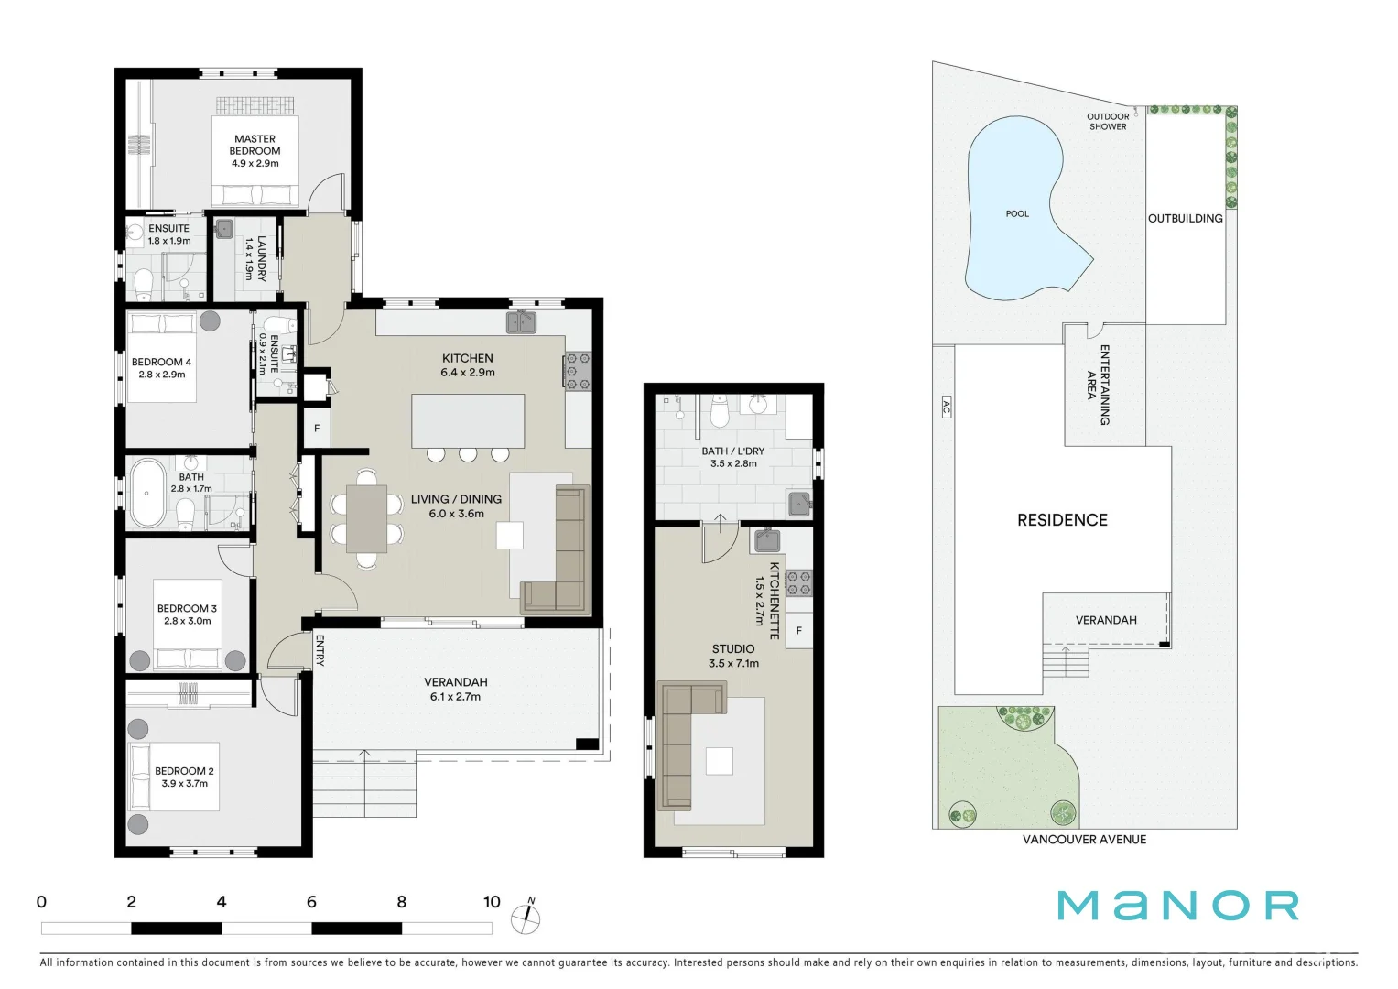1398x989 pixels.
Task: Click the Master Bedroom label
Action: (x=255, y=145)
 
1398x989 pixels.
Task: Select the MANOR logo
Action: (x=1177, y=906)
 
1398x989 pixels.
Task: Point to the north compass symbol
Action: (x=526, y=917)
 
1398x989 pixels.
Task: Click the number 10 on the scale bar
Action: (x=492, y=902)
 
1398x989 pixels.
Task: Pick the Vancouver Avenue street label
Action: (x=1084, y=840)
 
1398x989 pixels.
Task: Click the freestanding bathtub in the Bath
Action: (x=146, y=494)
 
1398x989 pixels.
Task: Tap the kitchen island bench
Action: (x=468, y=420)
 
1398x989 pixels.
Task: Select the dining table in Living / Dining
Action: (x=366, y=518)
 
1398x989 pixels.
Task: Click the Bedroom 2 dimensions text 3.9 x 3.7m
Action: (x=184, y=784)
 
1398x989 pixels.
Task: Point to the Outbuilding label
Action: (x=1185, y=218)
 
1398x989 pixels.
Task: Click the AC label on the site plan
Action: (x=946, y=407)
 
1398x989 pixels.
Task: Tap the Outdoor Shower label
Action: (x=1108, y=122)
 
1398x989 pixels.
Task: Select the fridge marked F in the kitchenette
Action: (x=798, y=631)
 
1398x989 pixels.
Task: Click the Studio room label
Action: (x=732, y=649)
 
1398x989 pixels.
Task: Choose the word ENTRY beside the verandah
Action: (x=320, y=650)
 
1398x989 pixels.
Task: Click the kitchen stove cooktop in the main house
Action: (x=577, y=371)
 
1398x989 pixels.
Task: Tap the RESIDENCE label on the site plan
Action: (x=1062, y=520)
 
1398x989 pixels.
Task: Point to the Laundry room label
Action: (x=255, y=258)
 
